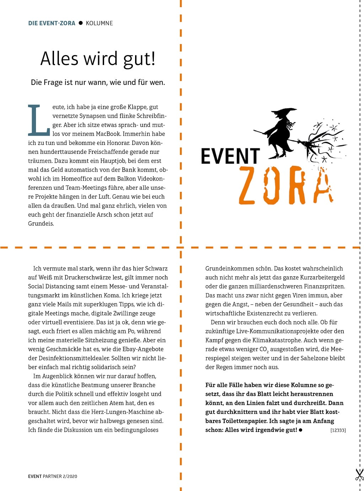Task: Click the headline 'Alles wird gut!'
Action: [98, 59]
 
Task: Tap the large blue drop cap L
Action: [38, 120]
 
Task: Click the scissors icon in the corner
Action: [359, 475]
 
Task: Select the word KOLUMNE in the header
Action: [99, 23]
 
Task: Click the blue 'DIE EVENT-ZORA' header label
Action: [52, 23]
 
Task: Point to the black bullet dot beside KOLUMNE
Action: [81, 23]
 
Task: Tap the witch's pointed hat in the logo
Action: [285, 113]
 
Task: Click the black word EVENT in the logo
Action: [230, 156]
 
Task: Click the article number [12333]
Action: [338, 430]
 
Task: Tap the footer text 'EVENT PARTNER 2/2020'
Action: [53, 476]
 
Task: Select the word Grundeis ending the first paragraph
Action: [41, 223]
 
